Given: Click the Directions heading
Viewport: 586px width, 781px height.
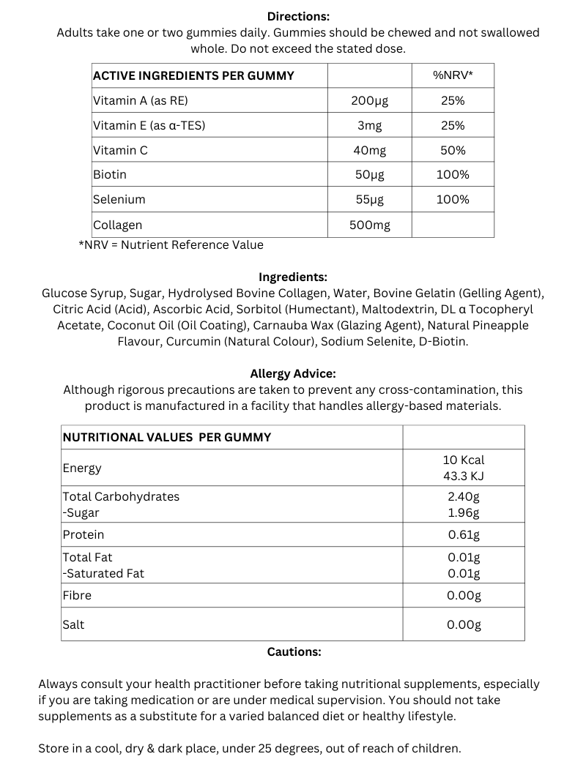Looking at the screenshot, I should [298, 16].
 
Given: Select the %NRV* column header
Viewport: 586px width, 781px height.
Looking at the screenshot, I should [453, 75].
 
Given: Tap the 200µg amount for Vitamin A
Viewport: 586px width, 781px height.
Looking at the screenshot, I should [369, 101].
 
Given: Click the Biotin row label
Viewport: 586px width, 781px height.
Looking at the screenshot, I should [110, 174].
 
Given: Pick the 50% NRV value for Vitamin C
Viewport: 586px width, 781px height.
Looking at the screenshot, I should [453, 150].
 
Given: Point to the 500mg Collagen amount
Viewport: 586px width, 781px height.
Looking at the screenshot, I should [369, 225].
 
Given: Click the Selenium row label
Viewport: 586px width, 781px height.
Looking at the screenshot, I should [119, 199].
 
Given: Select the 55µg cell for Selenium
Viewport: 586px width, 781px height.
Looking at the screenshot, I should [369, 199].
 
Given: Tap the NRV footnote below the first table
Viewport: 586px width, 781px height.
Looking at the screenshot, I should [171, 244].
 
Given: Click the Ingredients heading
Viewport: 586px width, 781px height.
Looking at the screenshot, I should [293, 277].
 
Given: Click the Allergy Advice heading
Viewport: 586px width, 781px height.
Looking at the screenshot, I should [293, 373].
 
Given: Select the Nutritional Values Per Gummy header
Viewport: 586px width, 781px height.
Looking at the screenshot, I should [167, 437].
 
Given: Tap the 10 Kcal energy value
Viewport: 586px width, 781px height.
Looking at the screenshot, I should [464, 460].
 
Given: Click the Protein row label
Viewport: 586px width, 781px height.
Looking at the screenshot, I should [84, 534].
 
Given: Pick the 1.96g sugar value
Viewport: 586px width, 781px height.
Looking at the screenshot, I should [464, 512].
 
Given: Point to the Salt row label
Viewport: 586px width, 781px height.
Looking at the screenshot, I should [73, 624].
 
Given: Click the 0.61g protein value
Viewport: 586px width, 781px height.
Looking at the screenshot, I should [464, 534].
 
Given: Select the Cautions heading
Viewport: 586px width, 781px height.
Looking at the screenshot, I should [294, 651].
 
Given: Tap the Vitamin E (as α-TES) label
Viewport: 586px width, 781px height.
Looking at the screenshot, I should [149, 125].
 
